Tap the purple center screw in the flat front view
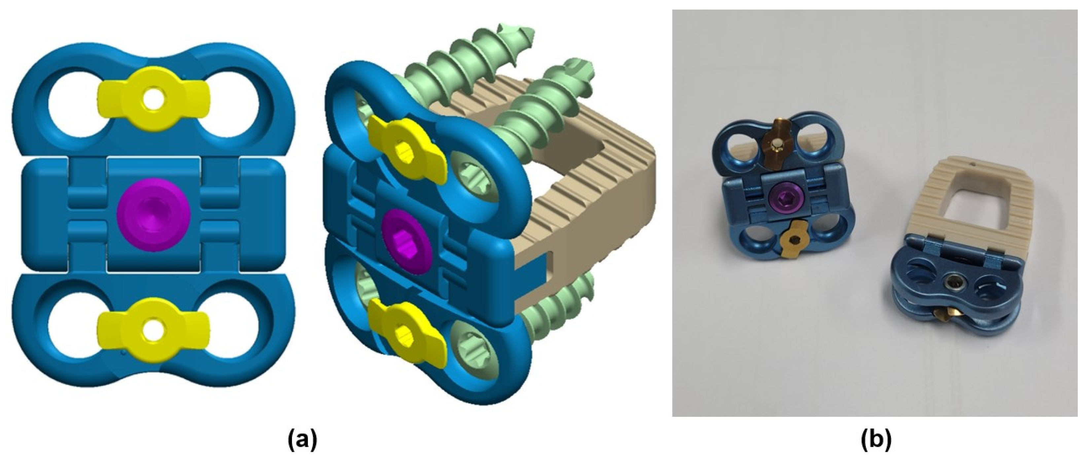pyautogui.click(x=154, y=215)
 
